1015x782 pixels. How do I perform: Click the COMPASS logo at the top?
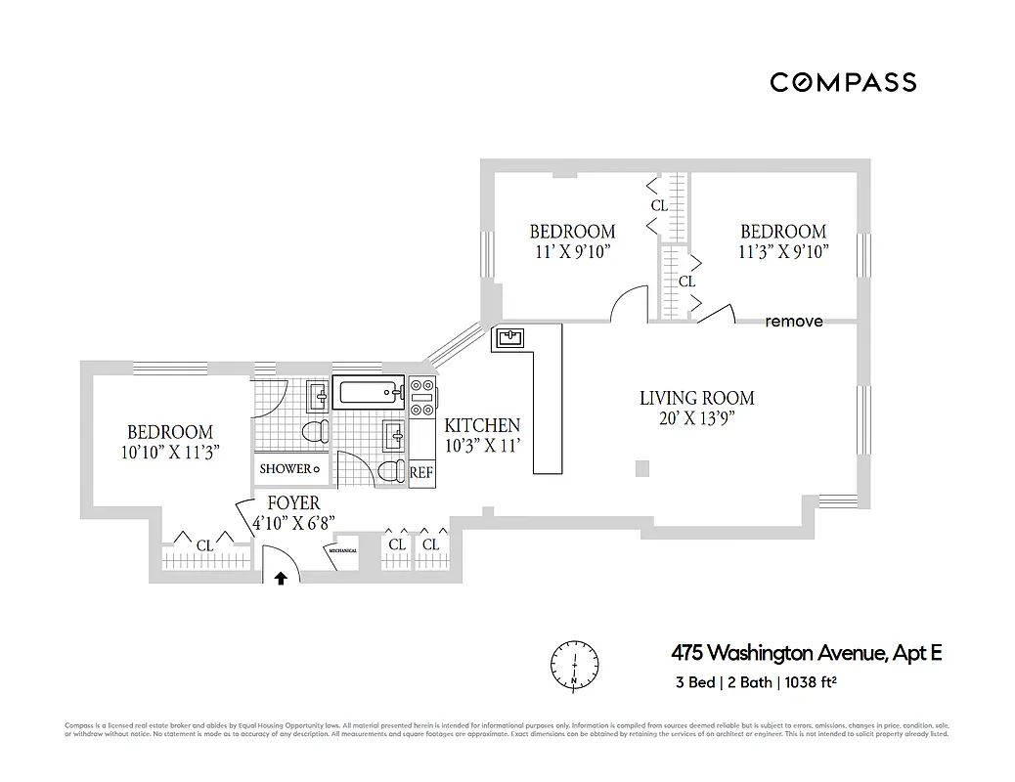pos(843,82)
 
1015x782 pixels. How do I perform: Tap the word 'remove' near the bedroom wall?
pos(793,322)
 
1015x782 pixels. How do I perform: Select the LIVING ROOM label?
pos(696,398)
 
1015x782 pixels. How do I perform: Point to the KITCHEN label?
pos(482,426)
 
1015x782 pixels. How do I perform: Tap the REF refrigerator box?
pos(420,472)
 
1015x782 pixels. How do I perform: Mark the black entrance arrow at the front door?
pos(282,578)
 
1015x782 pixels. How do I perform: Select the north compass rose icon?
pos(573,664)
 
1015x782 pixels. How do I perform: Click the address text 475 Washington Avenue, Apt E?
pos(806,652)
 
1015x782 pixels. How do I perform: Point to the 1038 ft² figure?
pos(810,682)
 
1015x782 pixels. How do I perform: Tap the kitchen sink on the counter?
pos(510,339)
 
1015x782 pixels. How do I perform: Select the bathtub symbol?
pos(368,393)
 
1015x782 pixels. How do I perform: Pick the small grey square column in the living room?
pos(641,469)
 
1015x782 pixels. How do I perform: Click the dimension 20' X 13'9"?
pos(696,418)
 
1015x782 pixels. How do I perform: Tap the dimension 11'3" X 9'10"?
pos(783,251)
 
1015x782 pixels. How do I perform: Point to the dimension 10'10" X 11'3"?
pos(169,452)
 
